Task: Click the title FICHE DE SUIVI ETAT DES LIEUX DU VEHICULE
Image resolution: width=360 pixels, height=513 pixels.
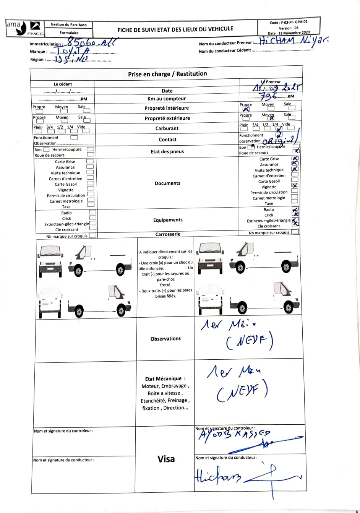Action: coord(175,29)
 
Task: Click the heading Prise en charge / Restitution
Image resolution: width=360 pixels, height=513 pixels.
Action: coord(167,74)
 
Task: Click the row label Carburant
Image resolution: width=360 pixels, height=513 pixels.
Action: coord(167,128)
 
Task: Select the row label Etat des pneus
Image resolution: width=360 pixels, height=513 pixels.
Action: coord(167,151)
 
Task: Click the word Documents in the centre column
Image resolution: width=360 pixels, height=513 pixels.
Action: coord(167,183)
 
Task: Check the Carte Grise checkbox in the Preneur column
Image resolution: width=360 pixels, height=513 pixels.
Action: coord(295,158)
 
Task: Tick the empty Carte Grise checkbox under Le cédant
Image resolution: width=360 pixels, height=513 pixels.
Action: coord(90,161)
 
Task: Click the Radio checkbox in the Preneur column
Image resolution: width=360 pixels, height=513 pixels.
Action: coord(295,209)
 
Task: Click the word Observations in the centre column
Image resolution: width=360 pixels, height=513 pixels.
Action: coord(165,339)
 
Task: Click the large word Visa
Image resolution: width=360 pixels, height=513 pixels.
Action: coord(166,459)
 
